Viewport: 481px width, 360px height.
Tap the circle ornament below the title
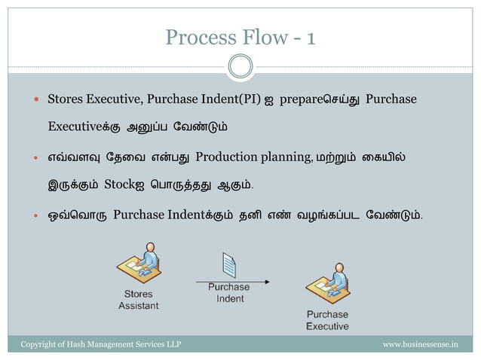(240, 66)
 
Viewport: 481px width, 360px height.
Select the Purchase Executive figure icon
(326, 285)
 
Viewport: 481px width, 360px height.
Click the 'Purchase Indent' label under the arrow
(229, 293)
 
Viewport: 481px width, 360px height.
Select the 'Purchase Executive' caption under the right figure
(327, 320)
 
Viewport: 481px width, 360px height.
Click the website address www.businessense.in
(420, 344)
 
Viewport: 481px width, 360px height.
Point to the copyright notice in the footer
(100, 344)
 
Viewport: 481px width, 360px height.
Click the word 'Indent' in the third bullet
(187, 216)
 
